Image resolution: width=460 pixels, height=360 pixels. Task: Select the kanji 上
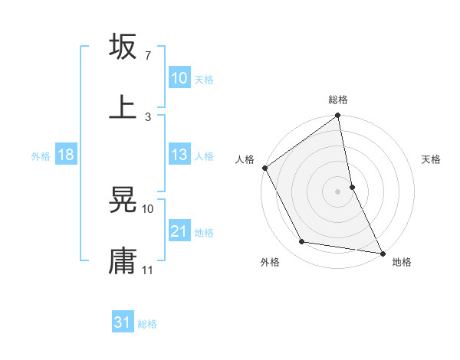tap(123, 106)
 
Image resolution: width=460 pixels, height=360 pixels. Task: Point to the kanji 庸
tap(123, 260)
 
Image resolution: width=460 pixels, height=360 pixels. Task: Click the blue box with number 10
tap(179, 78)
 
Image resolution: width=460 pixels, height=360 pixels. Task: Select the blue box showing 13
tap(179, 155)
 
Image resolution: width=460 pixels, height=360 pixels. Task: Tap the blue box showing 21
tap(179, 232)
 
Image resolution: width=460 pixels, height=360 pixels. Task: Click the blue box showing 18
tap(66, 155)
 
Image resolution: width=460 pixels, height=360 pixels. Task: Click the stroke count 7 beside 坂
tap(147, 56)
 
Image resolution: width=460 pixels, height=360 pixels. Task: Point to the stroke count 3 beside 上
tap(147, 117)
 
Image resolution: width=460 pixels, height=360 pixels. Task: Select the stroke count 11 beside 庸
tap(148, 270)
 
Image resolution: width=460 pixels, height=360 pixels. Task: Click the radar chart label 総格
tap(338, 100)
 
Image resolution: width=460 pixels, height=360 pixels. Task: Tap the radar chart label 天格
tap(431, 160)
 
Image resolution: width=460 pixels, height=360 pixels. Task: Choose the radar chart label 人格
tap(245, 160)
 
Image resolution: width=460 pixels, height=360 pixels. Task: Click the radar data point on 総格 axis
tap(338, 116)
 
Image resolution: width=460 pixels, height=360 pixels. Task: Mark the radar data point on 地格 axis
tap(382, 252)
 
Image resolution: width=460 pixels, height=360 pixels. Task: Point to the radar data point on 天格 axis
tap(352, 186)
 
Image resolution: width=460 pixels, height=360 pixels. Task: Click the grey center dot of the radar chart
tap(338, 191)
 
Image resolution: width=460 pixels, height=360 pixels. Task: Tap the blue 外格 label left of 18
tap(41, 156)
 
